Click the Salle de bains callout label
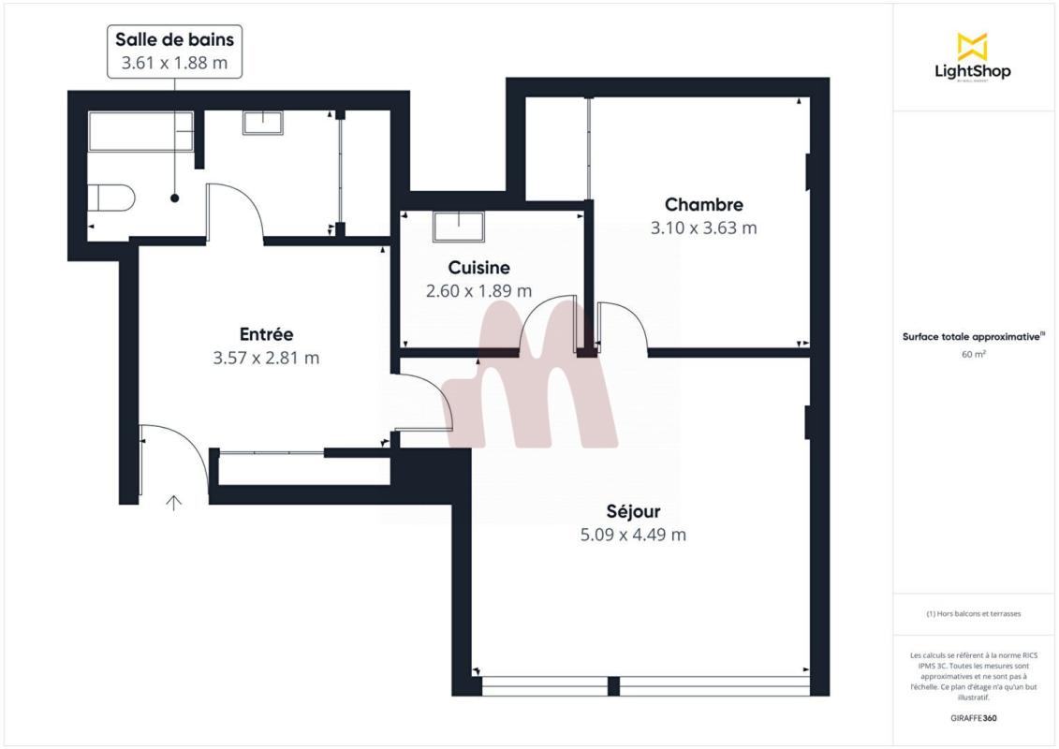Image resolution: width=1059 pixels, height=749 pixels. click(174, 51)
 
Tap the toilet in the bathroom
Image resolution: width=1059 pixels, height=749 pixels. click(110, 198)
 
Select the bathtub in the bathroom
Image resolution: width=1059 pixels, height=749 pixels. click(140, 131)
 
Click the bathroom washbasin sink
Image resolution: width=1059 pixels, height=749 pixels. click(263, 123)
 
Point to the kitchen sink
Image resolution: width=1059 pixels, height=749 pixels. click(459, 227)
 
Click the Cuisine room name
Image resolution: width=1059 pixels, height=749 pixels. click(478, 268)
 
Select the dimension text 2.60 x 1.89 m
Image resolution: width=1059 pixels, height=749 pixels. click(478, 291)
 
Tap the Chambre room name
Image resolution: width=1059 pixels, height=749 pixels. click(704, 205)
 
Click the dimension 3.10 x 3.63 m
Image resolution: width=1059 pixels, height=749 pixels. click(704, 228)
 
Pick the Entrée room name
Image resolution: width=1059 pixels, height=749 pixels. click(266, 334)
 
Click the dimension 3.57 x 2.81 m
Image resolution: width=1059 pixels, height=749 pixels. click(266, 358)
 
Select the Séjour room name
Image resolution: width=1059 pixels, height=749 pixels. click(634, 511)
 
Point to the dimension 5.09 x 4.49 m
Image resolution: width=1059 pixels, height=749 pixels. click(634, 535)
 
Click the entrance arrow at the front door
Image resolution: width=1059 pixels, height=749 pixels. click(174, 503)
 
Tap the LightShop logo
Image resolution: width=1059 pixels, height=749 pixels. click(973, 57)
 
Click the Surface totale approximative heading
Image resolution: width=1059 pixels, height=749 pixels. click(972, 336)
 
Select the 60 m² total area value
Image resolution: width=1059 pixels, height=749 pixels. click(973, 354)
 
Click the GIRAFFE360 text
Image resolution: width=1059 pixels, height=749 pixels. click(973, 718)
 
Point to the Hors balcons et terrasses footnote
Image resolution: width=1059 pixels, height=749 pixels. click(973, 614)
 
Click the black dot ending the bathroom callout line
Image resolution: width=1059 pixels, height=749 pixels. click(175, 198)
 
